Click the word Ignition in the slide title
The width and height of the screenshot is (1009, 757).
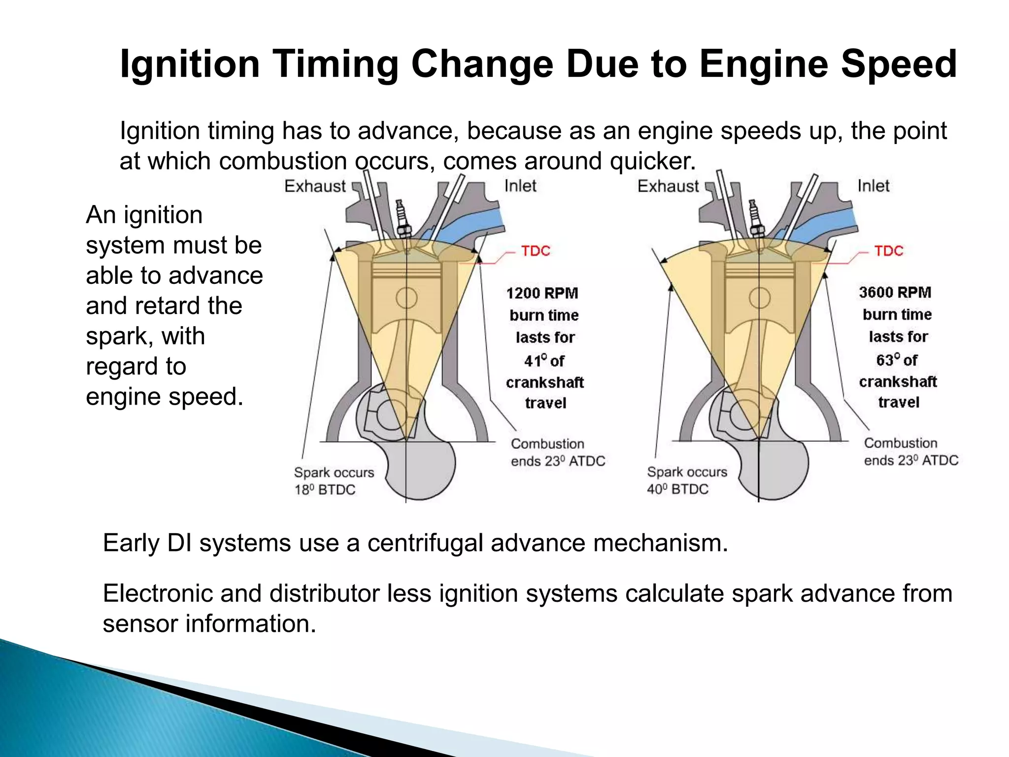[x=190, y=64]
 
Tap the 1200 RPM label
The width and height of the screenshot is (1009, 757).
[x=542, y=293]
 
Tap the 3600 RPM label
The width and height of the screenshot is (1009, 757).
[x=895, y=292]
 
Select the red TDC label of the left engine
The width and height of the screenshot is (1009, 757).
[x=536, y=251]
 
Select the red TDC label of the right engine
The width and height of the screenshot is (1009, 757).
[x=888, y=251]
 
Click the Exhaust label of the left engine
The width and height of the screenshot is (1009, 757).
[x=315, y=186]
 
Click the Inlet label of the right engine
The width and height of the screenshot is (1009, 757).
[x=873, y=186]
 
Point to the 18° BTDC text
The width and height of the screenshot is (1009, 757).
[x=325, y=490]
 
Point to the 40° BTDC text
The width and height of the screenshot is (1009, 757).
[x=677, y=489]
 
